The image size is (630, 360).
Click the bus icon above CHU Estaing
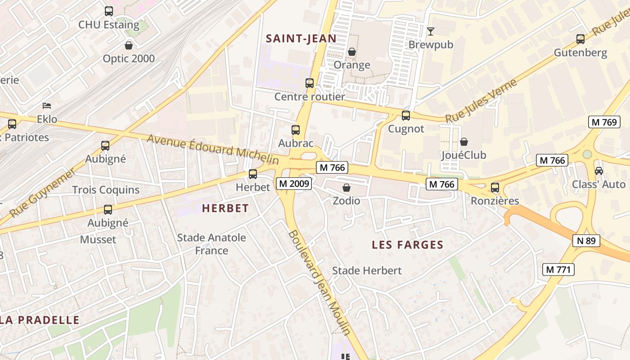click(109, 11)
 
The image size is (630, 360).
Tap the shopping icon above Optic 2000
click(129, 45)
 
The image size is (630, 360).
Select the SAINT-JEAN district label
click(301, 39)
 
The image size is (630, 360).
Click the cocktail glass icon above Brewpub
click(431, 31)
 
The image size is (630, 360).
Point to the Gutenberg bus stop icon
click(580, 39)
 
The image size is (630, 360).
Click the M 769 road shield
click(604, 122)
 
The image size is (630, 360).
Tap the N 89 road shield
click(586, 241)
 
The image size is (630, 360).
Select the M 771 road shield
click(558, 270)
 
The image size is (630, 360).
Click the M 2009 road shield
click(294, 184)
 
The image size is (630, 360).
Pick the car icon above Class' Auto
click(599, 171)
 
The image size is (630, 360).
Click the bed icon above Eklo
click(47, 106)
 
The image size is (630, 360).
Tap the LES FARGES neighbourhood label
click(407, 245)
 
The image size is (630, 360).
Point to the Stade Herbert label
click(367, 270)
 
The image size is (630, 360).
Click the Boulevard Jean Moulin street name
click(319, 283)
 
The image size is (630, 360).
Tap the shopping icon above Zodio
click(346, 188)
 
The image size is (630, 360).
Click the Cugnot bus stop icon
click(406, 116)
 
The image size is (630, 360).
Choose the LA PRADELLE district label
click(40, 320)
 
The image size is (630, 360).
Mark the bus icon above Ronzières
click(495, 188)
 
